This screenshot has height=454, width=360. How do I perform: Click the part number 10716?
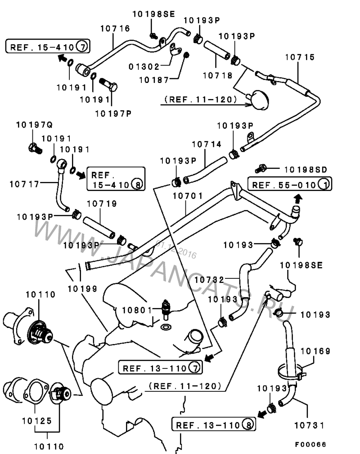click(115, 28)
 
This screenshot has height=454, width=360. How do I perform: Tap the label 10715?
click(300, 57)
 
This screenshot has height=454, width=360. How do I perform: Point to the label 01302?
click(144, 67)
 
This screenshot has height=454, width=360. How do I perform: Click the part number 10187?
click(153, 80)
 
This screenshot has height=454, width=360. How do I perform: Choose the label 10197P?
click(113, 113)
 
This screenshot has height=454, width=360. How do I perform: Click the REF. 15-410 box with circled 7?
click(48, 46)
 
